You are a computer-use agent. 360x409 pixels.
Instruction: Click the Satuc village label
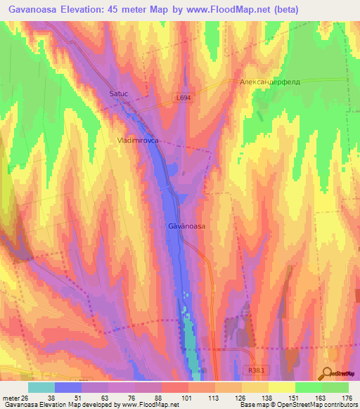coord(120,92)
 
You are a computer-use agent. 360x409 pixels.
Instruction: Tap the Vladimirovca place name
coord(138,141)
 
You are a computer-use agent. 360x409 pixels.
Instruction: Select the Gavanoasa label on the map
coord(186,226)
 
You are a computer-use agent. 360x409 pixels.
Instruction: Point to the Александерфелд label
coord(270,82)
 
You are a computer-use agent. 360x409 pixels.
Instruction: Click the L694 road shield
coord(183,99)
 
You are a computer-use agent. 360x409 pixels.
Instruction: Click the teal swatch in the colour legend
coord(41,387)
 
